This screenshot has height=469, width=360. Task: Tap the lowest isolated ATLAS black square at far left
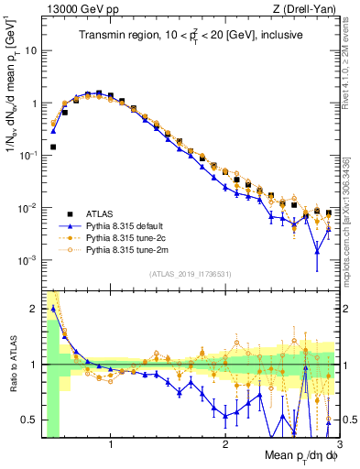53,147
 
